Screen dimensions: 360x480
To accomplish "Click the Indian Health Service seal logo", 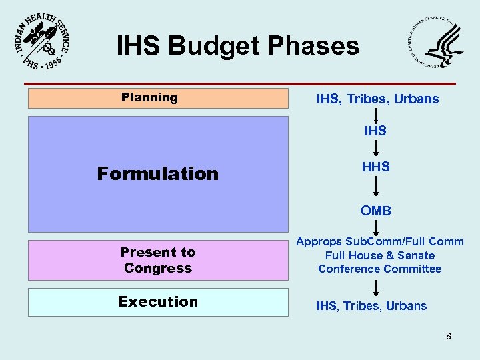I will [41, 41].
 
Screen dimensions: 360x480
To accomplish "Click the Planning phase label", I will [149, 97].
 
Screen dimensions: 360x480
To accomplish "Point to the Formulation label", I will [157, 173].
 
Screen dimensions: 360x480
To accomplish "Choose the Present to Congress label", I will [157, 260].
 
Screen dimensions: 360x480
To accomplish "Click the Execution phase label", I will [158, 301].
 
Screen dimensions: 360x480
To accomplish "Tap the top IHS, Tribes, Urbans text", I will [377, 99].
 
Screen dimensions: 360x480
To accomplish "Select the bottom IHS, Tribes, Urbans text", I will [371, 306].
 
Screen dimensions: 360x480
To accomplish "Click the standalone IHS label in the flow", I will [375, 131].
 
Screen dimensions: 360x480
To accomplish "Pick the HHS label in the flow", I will [375, 167].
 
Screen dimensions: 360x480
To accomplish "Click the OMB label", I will [376, 211].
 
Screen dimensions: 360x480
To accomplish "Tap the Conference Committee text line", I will [379, 269].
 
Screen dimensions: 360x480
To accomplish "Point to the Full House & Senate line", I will [379, 255].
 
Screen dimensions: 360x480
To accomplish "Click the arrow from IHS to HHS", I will [376, 148].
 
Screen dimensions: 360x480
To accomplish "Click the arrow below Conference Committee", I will [376, 287].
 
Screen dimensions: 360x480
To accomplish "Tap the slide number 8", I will [449, 336].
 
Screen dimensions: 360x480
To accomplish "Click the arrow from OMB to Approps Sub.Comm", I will [376, 227].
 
